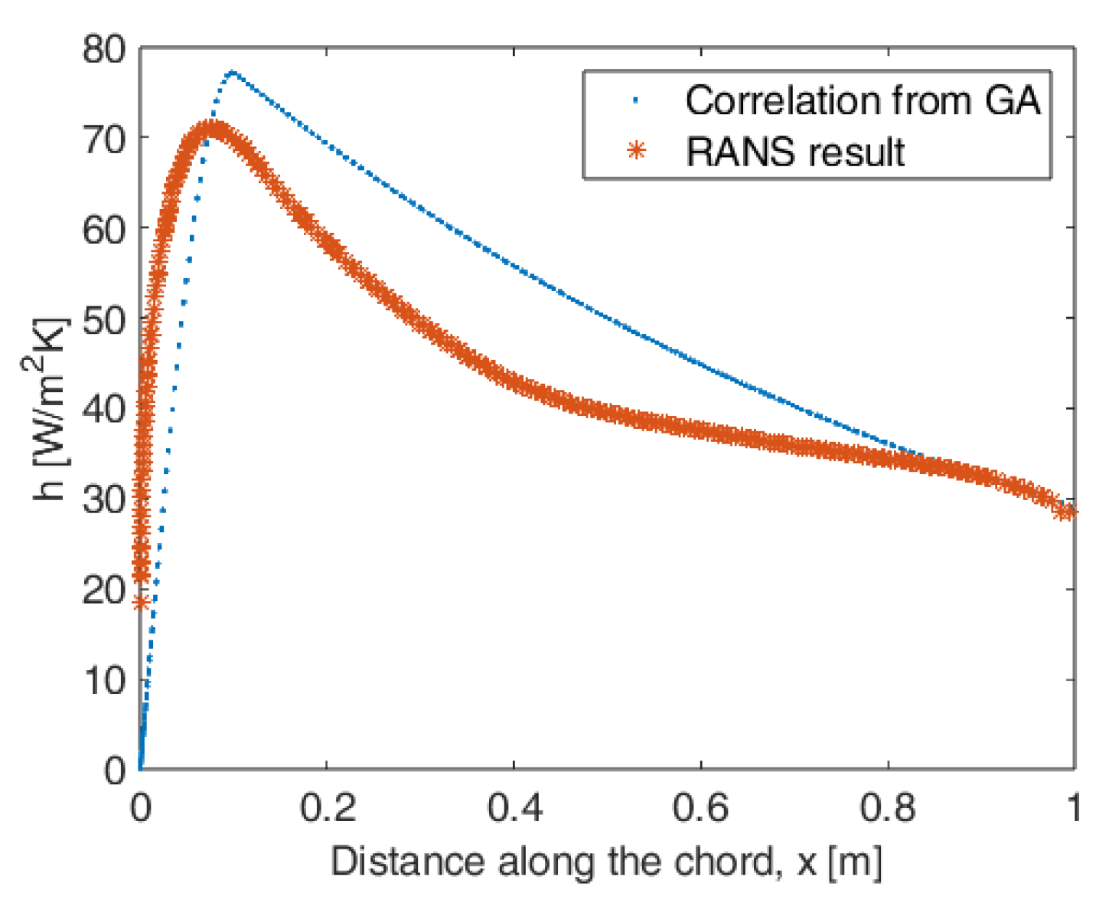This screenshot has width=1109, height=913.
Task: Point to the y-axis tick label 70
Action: click(103, 139)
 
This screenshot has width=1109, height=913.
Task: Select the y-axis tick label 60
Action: click(103, 229)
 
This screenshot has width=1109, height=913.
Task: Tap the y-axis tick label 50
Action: click(103, 319)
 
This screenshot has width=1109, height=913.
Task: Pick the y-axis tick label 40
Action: click(103, 409)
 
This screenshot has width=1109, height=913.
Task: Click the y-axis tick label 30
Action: click(103, 499)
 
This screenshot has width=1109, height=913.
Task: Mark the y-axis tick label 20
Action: click(103, 590)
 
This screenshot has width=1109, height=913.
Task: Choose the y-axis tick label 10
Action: click(103, 679)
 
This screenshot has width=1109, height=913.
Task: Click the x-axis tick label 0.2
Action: click(327, 809)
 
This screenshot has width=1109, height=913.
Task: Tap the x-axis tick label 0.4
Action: click(514, 809)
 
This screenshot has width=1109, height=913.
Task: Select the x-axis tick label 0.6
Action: click(701, 809)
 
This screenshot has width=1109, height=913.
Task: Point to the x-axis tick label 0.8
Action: click(888, 809)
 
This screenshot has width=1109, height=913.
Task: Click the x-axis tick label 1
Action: click(1075, 809)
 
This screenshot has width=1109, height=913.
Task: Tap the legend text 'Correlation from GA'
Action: click(863, 100)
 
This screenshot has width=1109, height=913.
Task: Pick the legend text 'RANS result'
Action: click(795, 152)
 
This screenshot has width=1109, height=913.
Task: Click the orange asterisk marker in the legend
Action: click(637, 151)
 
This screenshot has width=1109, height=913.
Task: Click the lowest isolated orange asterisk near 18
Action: click(140, 603)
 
